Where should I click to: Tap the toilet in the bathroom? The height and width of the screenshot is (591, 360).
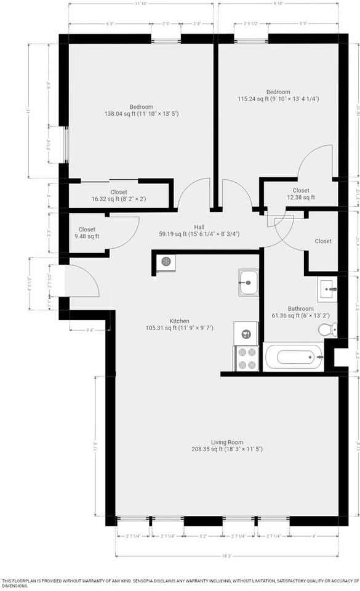(326, 330)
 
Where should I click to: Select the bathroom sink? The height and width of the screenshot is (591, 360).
(327, 287)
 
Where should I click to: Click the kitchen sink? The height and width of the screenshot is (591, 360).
(248, 283)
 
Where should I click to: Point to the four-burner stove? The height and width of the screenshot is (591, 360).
(246, 358)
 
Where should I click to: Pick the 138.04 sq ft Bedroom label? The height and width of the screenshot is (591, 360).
(141, 110)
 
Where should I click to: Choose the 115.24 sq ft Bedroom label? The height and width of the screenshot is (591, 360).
(278, 95)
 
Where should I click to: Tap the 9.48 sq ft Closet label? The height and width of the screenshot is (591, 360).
(87, 233)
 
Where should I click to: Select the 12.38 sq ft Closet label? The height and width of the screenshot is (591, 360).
(300, 194)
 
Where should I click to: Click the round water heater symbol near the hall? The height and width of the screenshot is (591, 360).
(166, 262)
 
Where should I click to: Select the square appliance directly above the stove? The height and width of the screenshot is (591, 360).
(246, 333)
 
